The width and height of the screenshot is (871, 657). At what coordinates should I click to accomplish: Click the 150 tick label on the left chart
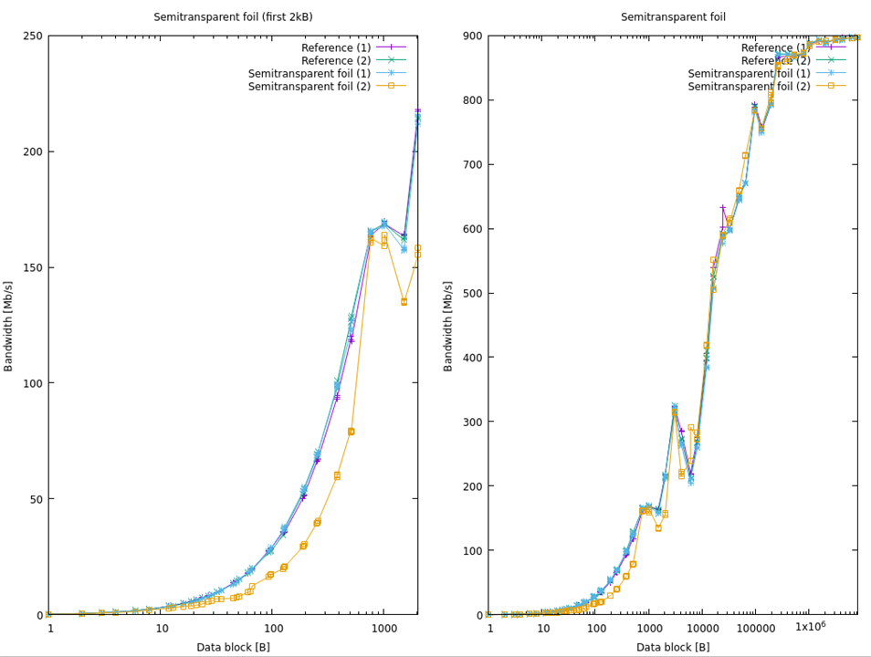tap(33, 267)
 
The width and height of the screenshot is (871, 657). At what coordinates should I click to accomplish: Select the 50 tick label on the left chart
tap(37, 499)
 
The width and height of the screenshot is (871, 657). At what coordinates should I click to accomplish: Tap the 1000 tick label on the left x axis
tap(383, 630)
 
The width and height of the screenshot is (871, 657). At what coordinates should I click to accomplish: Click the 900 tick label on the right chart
tap(473, 36)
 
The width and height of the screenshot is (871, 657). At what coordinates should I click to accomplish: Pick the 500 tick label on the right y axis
tap(473, 294)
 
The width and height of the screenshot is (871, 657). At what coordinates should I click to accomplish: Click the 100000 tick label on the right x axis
tap(755, 630)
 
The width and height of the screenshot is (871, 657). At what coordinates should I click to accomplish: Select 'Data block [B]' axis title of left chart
tap(233, 647)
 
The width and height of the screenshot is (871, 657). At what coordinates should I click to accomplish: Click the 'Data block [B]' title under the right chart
tap(673, 647)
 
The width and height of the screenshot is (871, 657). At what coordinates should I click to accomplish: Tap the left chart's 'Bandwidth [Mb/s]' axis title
tap(9, 325)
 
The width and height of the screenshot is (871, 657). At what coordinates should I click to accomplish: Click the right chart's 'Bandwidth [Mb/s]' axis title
tap(448, 325)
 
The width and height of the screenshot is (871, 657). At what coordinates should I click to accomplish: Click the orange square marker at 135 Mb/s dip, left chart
tap(404, 302)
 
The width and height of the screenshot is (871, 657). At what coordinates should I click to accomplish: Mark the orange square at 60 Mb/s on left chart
tap(337, 475)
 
